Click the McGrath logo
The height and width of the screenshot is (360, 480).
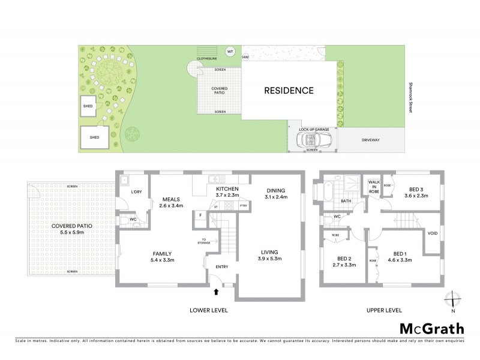431,328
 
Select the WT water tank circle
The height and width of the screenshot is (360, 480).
230,52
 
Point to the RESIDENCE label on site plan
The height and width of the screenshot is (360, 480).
289,91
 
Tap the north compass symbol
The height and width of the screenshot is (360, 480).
453,300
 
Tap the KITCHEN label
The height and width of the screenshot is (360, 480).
227,190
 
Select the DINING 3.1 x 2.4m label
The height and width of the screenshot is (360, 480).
276,193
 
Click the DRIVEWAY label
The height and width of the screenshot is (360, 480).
371,140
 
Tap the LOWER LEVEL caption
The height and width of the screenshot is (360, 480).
209,310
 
